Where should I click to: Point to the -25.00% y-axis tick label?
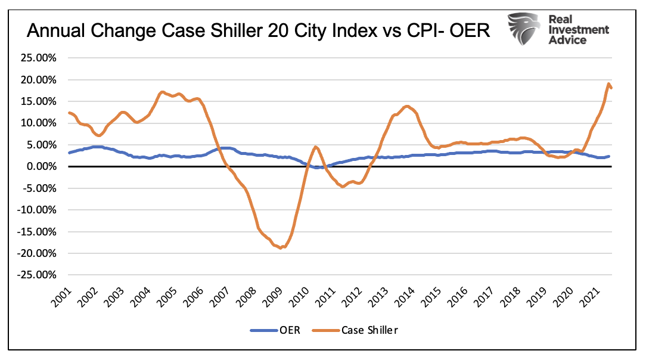coord(38,275)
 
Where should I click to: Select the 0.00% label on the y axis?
coord(41,167)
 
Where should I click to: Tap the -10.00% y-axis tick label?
coord(38,210)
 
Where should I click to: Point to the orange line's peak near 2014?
coord(406,106)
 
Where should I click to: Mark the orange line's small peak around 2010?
coord(315,147)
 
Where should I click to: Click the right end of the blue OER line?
coord(608,156)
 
